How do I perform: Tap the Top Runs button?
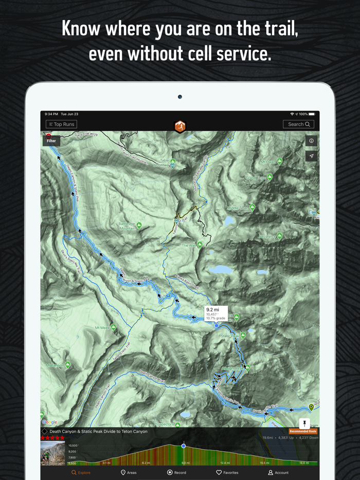click(61, 124)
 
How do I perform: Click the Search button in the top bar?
click(298, 124)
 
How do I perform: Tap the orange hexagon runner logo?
click(179, 126)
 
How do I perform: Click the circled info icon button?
click(311, 141)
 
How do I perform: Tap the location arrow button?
click(311, 156)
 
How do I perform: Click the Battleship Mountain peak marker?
click(138, 226)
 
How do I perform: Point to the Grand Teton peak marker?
click(269, 177)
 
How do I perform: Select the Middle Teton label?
click(237, 208)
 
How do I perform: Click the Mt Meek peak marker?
click(114, 327)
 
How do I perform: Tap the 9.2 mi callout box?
click(216, 313)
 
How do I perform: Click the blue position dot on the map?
click(217, 325)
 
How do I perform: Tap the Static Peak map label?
click(229, 336)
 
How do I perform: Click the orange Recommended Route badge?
click(303, 432)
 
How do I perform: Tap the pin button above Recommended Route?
click(304, 423)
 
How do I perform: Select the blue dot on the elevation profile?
click(184, 446)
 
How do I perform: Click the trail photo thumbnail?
click(53, 453)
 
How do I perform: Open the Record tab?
click(177, 472)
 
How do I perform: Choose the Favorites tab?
click(227, 472)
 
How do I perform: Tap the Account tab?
click(278, 472)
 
